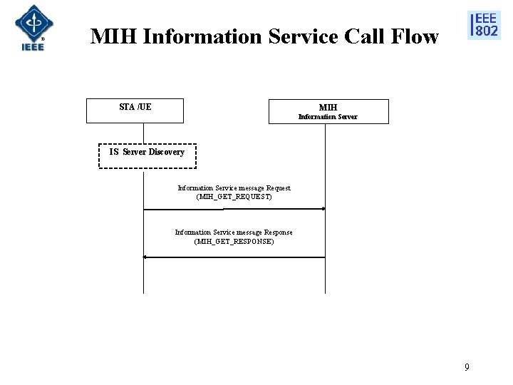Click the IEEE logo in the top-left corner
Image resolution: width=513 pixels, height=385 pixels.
[30, 28]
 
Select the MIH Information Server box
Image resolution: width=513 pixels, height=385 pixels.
[328, 112]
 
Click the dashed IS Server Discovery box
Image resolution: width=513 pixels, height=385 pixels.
[147, 155]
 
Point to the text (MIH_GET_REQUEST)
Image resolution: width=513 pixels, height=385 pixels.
[234, 196]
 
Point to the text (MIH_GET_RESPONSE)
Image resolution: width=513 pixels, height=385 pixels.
[234, 242]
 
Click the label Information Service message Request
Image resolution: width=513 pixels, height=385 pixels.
[234, 188]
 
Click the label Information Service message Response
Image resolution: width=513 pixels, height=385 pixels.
[234, 232]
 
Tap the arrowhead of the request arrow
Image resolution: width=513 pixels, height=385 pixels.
[323, 209]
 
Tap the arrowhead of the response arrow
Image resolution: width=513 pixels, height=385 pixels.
[145, 257]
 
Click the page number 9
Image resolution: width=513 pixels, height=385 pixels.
[467, 367]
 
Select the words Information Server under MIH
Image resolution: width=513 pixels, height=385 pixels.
[328, 117]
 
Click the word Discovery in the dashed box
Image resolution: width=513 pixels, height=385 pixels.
[166, 152]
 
